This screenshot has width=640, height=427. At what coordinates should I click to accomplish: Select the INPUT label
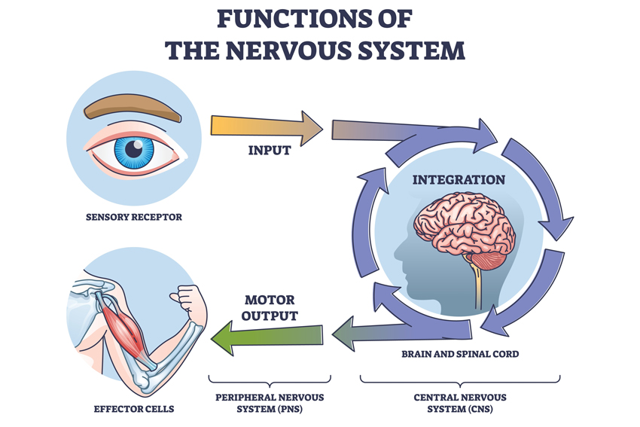(270, 151)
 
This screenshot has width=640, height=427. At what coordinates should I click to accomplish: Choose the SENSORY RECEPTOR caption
(133, 218)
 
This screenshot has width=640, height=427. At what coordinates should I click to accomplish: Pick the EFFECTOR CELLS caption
(135, 409)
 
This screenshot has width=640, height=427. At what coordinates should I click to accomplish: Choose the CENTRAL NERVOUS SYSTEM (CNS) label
(460, 403)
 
